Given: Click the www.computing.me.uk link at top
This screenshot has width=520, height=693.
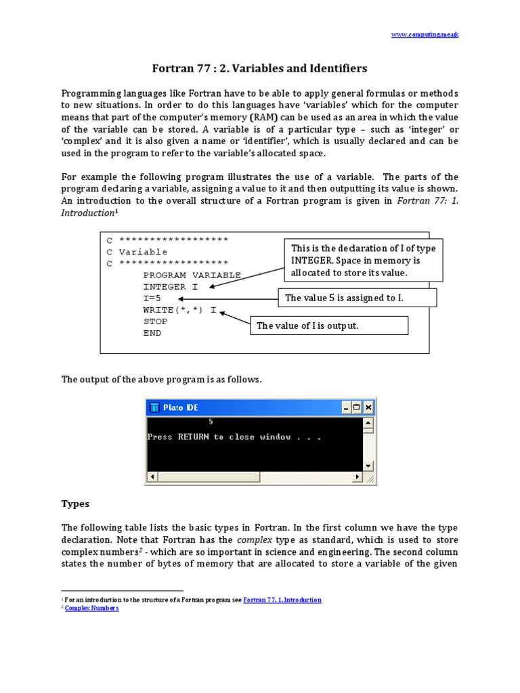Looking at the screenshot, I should (425, 34).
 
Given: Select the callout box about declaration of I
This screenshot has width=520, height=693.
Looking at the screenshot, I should (362, 261).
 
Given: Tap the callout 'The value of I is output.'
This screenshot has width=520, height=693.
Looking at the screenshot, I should (329, 326).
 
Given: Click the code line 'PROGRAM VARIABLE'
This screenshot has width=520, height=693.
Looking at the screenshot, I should (192, 275).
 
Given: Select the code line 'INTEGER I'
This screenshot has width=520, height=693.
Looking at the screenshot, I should (171, 287).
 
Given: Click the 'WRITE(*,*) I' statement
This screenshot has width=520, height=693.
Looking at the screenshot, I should (179, 310).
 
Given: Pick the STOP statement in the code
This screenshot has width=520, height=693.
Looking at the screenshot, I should (155, 321).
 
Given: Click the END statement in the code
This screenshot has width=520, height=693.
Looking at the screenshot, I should (152, 333).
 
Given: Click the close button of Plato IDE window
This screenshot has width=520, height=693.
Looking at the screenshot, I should (368, 407).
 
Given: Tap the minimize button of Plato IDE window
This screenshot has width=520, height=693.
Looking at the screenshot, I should (346, 407).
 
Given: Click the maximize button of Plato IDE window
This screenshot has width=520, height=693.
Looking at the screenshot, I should (357, 407).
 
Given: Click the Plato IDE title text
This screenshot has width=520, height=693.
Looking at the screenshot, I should (181, 407).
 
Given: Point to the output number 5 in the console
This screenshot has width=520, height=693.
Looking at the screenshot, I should (211, 421).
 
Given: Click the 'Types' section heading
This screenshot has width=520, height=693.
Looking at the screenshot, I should (75, 504).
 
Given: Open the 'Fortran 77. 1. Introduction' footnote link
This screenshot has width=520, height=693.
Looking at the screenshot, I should (282, 600).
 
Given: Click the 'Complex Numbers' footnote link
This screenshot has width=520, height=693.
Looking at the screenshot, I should (91, 608).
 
